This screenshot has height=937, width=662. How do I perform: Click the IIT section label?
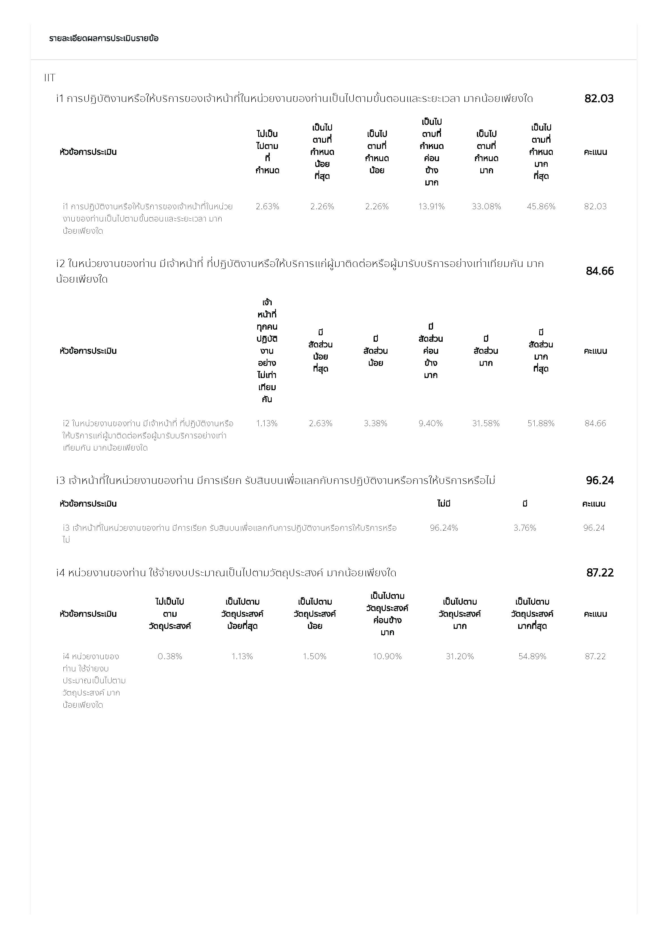click(x=50, y=78)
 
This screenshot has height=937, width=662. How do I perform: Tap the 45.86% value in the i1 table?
click(x=541, y=206)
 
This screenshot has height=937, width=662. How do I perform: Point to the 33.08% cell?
click(x=486, y=206)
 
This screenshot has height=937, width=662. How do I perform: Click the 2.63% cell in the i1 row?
click(x=267, y=206)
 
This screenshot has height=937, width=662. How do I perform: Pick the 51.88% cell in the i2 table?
click(x=541, y=423)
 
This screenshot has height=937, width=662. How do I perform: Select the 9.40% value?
click(x=430, y=423)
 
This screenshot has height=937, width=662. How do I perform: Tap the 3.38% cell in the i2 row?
click(x=375, y=423)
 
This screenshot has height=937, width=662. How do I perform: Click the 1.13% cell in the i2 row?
click(x=267, y=423)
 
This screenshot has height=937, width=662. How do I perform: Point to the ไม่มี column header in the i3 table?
click(x=444, y=503)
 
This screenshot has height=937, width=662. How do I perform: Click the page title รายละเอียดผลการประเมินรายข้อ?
click(x=104, y=38)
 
